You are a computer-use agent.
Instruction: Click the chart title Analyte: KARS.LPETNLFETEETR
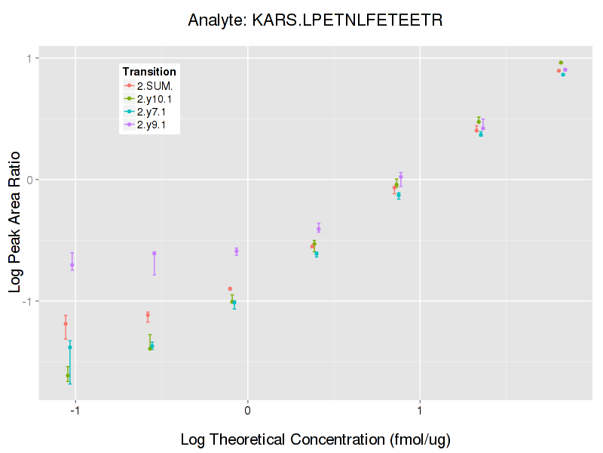[x=315, y=20]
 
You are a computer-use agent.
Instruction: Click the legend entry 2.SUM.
[x=155, y=85]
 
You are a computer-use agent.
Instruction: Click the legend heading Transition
[x=149, y=72]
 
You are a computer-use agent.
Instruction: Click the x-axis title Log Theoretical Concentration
[x=315, y=439]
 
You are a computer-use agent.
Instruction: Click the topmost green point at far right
[x=561, y=63]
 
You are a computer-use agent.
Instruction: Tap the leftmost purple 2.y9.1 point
[x=72, y=265]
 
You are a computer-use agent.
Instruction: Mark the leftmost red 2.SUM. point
[x=66, y=324]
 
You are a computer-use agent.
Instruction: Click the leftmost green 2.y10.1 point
[x=68, y=375]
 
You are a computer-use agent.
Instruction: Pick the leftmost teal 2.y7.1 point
[x=70, y=347]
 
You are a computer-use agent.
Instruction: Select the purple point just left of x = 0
[x=236, y=251]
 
